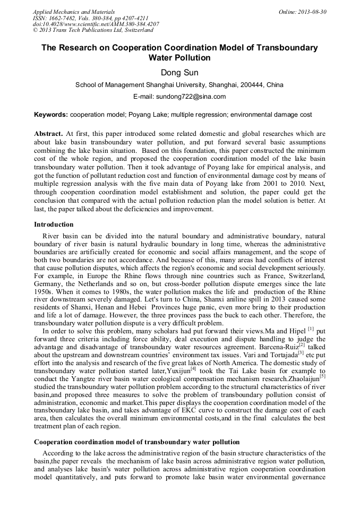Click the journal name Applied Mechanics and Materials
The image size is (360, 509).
click(73, 12)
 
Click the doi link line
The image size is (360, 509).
click(96, 24)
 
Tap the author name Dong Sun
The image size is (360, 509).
click(179, 72)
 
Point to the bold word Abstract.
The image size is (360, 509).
click(48, 134)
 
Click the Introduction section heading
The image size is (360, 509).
click(54, 225)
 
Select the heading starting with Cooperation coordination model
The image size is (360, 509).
click(136, 442)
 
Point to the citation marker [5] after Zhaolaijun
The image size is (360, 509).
click(322, 376)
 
